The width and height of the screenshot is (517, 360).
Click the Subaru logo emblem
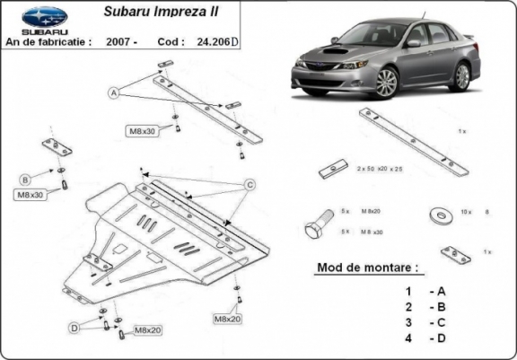click(44, 14)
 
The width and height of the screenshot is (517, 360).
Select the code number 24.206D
click(218, 41)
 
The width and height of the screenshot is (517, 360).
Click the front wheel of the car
click(387, 83)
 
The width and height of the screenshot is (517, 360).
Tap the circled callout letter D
click(74, 329)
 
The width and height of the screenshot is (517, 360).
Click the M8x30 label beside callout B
click(30, 194)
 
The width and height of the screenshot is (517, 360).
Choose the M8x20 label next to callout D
click(146, 331)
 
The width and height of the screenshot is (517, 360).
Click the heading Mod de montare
click(367, 268)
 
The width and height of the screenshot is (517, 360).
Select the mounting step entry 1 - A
click(425, 291)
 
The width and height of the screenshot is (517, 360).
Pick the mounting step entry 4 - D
click(425, 338)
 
